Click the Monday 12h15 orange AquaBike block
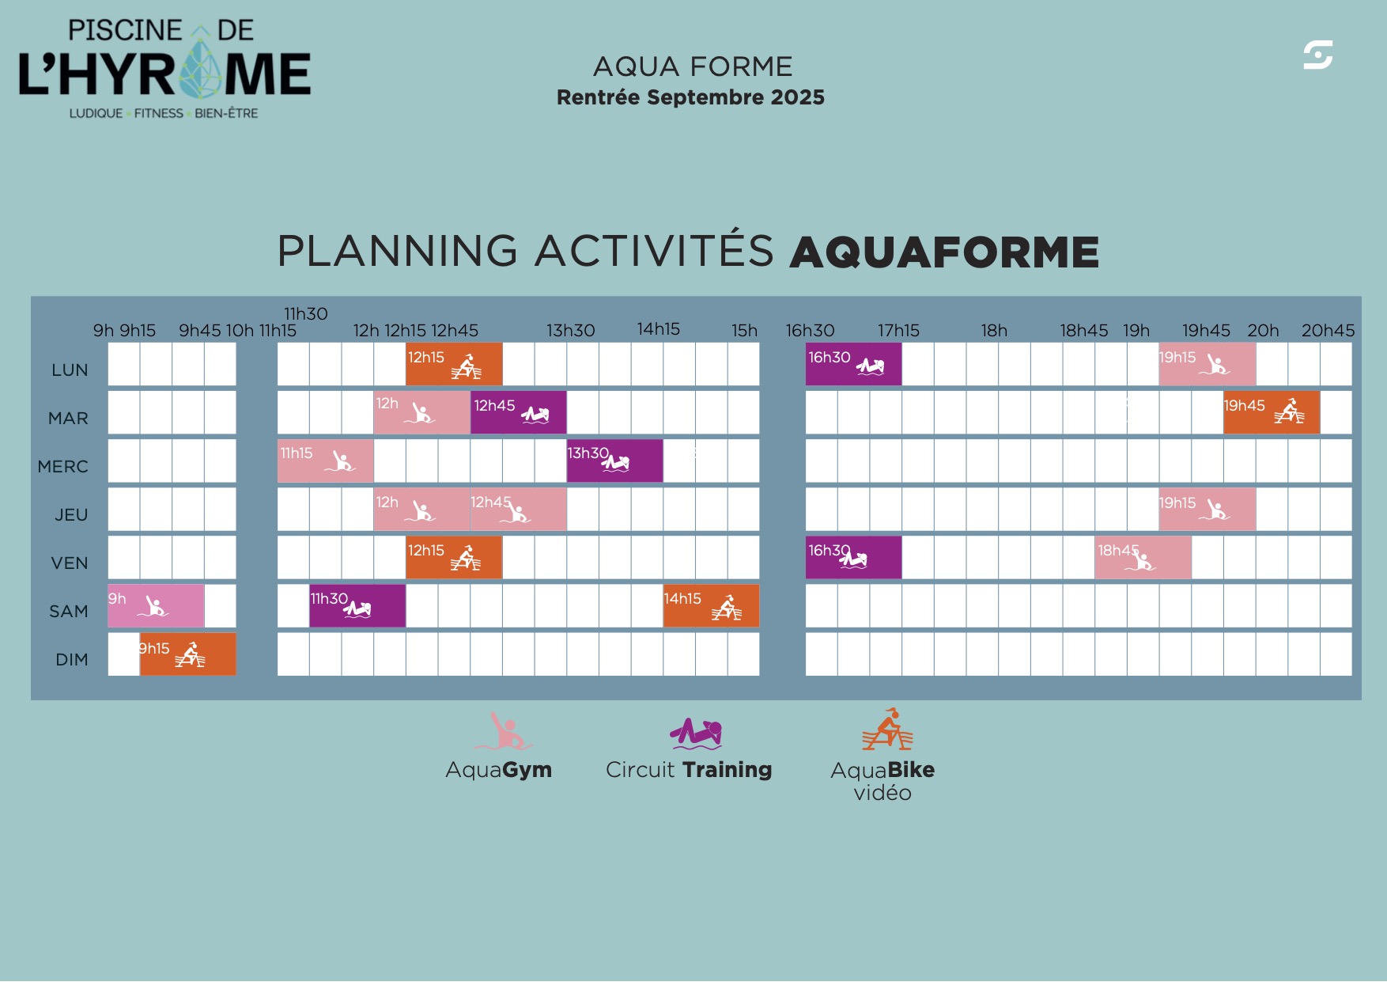click(x=454, y=364)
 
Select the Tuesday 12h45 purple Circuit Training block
click(x=519, y=412)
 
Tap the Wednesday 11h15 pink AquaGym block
click(x=326, y=461)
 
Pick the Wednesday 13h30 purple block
click(x=615, y=461)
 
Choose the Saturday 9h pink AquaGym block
click(x=156, y=606)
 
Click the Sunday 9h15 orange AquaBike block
click(x=188, y=654)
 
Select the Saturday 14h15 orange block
click(x=712, y=606)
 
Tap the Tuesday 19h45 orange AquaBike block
click(x=1272, y=412)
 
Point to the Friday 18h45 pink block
click(x=1143, y=558)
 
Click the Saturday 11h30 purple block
click(x=357, y=606)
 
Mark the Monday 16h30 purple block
click(x=854, y=364)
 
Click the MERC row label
click(x=63, y=467)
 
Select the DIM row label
click(x=72, y=660)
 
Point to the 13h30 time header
click(x=571, y=331)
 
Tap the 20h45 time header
click(x=1328, y=331)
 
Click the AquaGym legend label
click(x=499, y=770)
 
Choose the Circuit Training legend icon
click(x=696, y=734)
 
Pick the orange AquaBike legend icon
click(x=887, y=729)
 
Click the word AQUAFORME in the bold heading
click(x=944, y=252)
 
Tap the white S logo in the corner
click(x=1318, y=55)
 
